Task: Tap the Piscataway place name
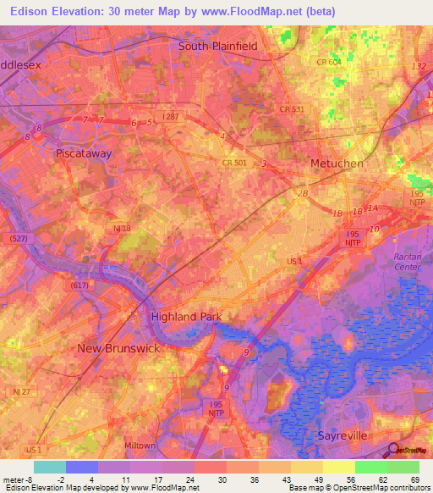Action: pyautogui.click(x=84, y=154)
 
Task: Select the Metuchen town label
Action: pyautogui.click(x=337, y=163)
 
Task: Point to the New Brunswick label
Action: pyautogui.click(x=118, y=348)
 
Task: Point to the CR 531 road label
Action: pyautogui.click(x=291, y=109)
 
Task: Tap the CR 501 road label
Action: pyautogui.click(x=234, y=162)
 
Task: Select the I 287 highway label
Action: pyautogui.click(x=171, y=116)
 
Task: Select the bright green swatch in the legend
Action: pyautogui.click(x=371, y=467)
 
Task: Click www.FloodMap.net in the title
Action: pyautogui.click(x=264, y=12)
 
